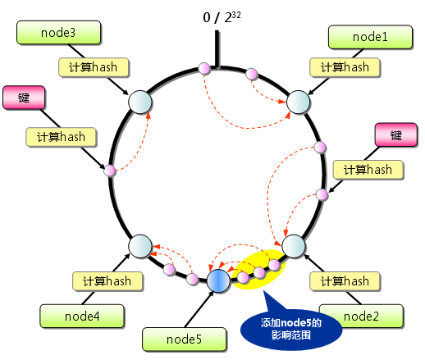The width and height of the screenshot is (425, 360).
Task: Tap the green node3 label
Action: (58, 34)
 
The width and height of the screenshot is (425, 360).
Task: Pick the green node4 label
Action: (82, 315)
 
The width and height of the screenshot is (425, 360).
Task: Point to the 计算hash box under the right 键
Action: (368, 170)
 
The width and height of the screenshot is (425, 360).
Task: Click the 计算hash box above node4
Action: (108, 281)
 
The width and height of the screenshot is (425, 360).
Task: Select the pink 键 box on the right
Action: (396, 134)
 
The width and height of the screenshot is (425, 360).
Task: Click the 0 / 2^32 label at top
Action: (219, 16)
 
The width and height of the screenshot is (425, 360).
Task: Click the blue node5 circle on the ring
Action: (217, 281)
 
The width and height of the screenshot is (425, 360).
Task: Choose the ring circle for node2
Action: (295, 245)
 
